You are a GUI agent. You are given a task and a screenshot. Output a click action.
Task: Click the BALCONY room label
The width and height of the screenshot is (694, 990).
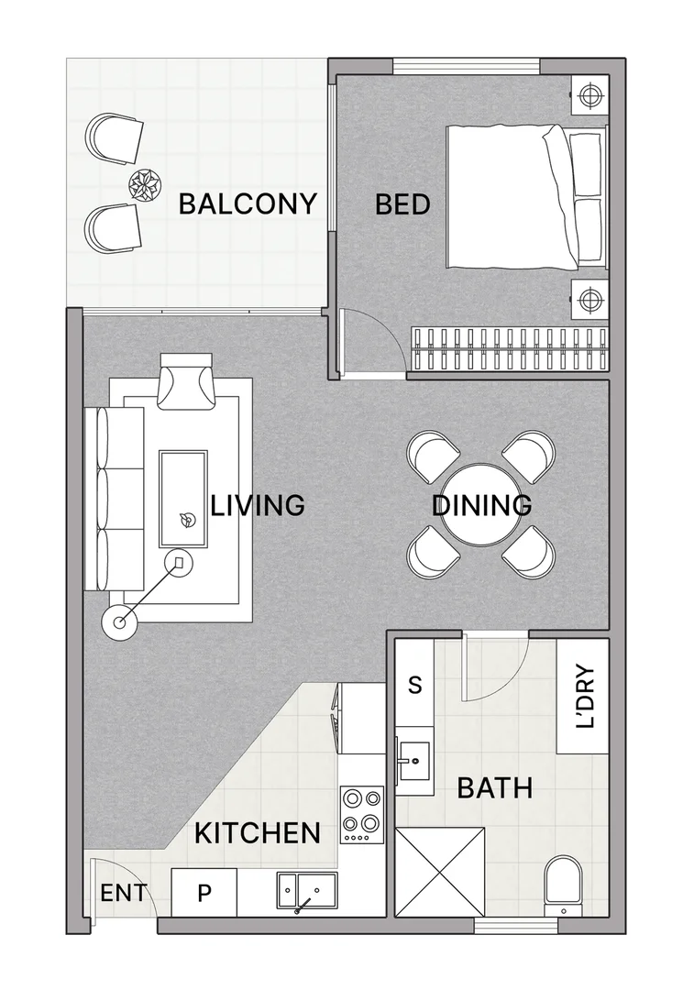(x=248, y=203)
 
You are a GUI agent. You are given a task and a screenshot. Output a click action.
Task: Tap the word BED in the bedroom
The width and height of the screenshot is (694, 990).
(x=402, y=203)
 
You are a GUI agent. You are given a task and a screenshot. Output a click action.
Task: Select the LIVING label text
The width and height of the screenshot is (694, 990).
(x=258, y=505)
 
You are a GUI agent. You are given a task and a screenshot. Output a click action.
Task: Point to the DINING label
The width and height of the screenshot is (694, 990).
(x=482, y=505)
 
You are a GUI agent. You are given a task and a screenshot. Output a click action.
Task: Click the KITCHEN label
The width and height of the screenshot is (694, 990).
(x=258, y=833)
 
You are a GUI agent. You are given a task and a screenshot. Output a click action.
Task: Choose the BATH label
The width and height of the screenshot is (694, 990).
(x=494, y=787)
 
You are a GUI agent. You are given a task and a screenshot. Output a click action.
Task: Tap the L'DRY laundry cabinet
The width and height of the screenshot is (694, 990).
(x=583, y=697)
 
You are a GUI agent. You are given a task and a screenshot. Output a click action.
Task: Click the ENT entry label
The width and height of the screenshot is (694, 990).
(x=122, y=892)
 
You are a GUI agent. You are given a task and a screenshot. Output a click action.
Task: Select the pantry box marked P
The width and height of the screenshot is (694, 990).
(x=204, y=893)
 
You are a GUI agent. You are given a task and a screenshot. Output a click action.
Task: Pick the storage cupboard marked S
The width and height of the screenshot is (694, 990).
(x=414, y=685)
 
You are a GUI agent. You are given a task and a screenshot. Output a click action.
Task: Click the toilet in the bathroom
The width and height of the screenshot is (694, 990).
(x=561, y=885)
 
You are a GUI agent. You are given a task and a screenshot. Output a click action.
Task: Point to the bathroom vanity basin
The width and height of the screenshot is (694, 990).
(x=415, y=759)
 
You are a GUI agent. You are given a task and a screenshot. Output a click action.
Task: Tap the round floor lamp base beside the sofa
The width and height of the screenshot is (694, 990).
(x=119, y=622)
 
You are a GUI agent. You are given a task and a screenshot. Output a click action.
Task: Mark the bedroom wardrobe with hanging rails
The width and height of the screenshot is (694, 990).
(x=509, y=347)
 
